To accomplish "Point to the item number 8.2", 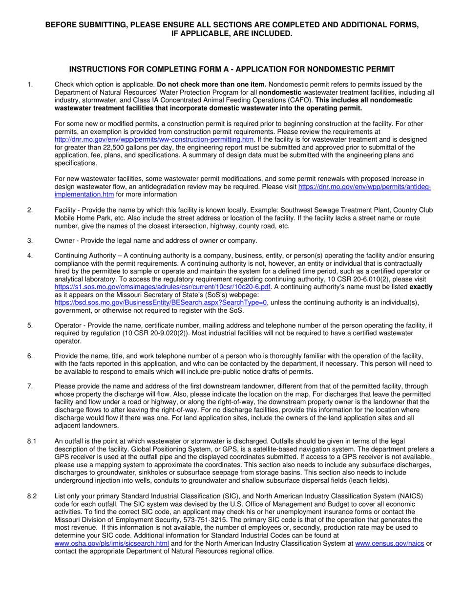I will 32,496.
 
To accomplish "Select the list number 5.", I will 30,325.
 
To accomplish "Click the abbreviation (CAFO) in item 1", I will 301,100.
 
